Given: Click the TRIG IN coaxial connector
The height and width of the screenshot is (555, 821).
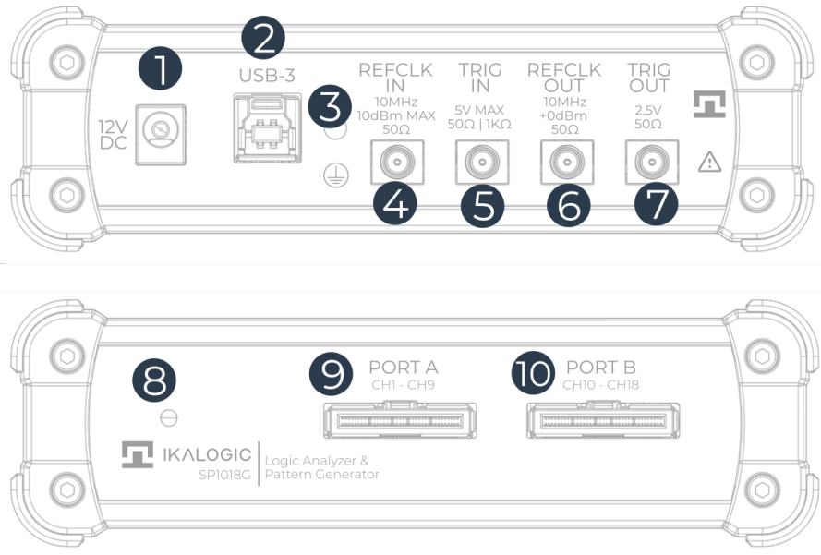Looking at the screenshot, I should pos(478,163).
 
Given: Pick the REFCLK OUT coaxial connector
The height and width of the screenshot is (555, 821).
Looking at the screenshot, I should pos(563,163).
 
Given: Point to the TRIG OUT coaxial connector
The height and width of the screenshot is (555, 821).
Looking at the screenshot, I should pos(651,163).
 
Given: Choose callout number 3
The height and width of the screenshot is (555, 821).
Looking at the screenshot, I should pos(330,106).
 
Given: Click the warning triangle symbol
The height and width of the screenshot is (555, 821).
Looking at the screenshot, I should pos(709,163).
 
